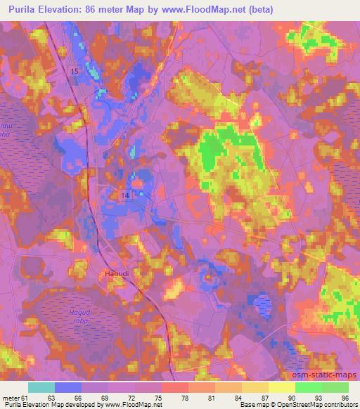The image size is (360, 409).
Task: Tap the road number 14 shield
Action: point(125,195)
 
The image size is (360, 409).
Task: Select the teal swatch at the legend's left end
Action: point(41,387)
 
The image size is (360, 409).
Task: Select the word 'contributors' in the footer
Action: point(337,405)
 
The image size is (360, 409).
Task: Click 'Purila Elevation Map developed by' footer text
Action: point(53,405)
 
